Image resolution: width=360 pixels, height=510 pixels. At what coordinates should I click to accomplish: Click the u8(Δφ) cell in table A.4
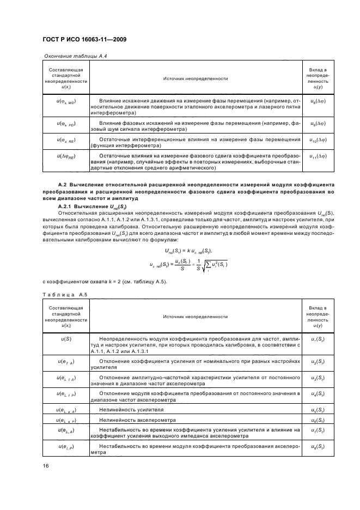[x=318, y=101]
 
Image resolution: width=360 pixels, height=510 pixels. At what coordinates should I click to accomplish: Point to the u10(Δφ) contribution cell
[x=318, y=141]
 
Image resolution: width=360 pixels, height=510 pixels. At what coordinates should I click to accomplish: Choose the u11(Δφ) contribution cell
[x=318, y=157]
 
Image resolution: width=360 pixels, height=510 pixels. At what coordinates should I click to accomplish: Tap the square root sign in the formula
[x=205, y=266]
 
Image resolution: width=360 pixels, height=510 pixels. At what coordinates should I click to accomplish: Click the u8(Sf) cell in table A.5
[x=318, y=446]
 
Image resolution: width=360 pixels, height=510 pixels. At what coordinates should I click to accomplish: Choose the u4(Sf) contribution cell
[x=318, y=393]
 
